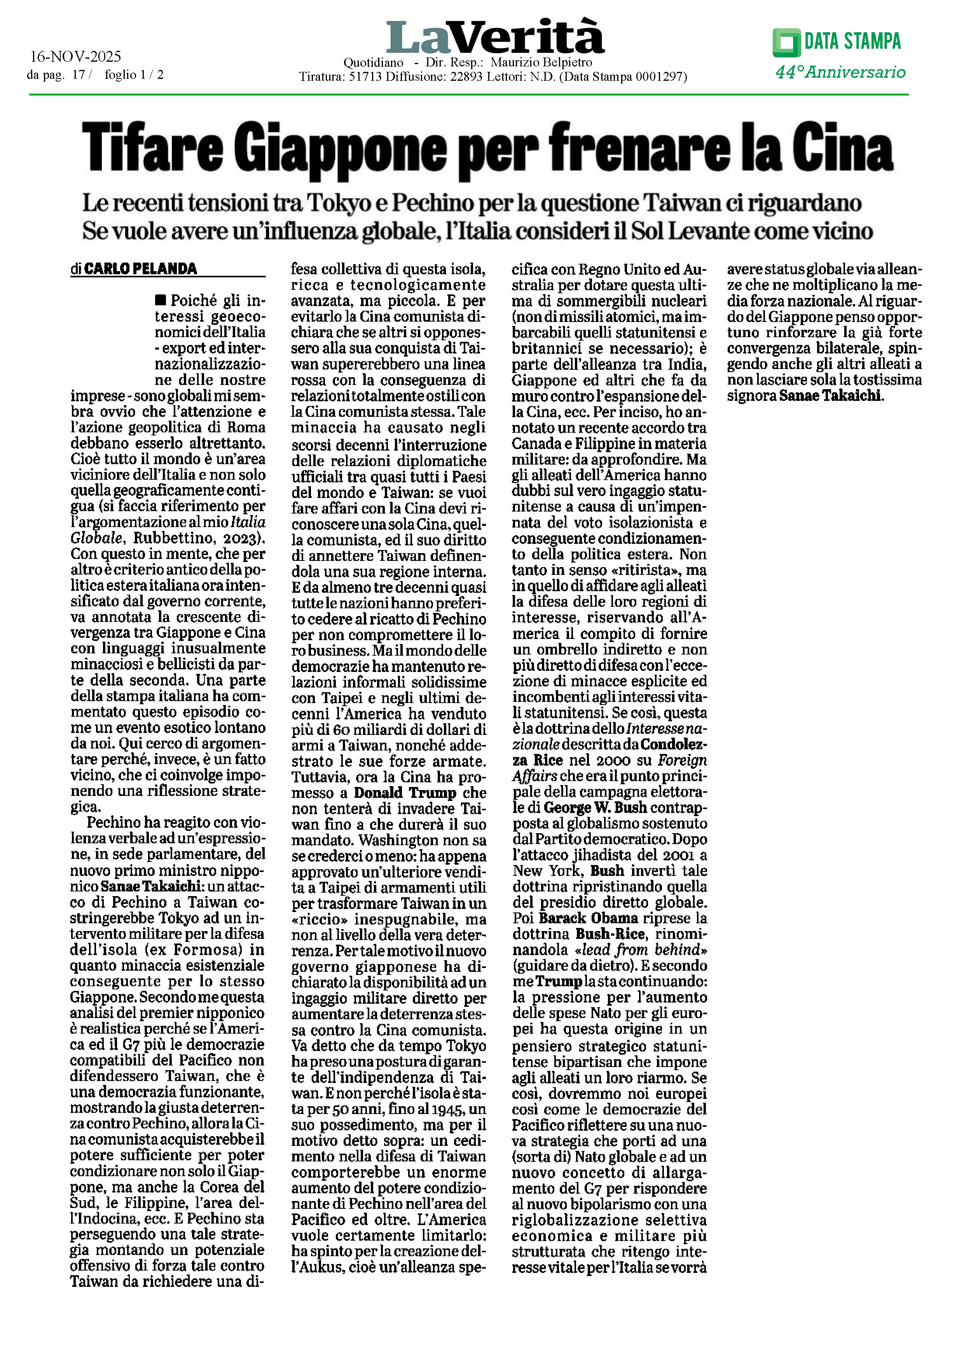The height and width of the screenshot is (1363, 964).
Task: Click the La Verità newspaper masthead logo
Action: [x=495, y=37]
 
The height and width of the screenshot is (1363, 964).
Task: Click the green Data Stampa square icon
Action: [x=786, y=42]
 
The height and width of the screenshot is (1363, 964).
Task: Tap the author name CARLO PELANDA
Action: [x=140, y=269]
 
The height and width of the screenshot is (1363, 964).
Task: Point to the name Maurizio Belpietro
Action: [x=541, y=62]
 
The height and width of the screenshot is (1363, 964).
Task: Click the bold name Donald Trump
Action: [x=405, y=793]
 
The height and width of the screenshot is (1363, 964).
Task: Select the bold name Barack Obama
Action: [x=588, y=918]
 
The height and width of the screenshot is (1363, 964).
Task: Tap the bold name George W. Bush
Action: [x=595, y=808]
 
